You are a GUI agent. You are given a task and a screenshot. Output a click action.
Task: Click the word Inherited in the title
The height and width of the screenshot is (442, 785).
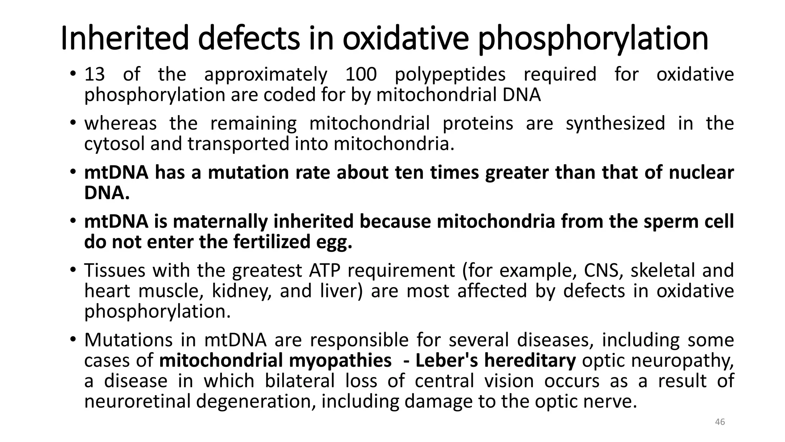click(125, 38)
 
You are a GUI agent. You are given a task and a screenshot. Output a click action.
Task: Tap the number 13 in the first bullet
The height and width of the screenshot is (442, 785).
click(94, 74)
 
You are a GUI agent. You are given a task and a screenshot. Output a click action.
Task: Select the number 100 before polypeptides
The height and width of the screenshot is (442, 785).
click(361, 74)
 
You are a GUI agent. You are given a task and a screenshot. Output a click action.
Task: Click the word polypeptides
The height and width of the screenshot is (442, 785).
click(450, 75)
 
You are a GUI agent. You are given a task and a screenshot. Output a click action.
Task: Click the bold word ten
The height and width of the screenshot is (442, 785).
click(409, 173)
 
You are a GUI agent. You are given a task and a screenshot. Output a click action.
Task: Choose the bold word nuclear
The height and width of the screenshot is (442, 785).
click(701, 173)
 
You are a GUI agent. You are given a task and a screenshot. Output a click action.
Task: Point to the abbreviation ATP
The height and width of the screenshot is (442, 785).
click(324, 270)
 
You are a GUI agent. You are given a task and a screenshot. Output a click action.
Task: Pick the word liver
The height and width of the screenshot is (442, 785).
click(341, 291)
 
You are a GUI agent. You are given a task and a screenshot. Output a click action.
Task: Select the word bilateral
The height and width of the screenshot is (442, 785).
click(300, 381)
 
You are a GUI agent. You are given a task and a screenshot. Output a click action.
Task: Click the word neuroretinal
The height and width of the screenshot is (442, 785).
click(137, 402)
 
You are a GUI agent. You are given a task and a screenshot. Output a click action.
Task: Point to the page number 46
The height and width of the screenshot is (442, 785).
click(720, 422)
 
